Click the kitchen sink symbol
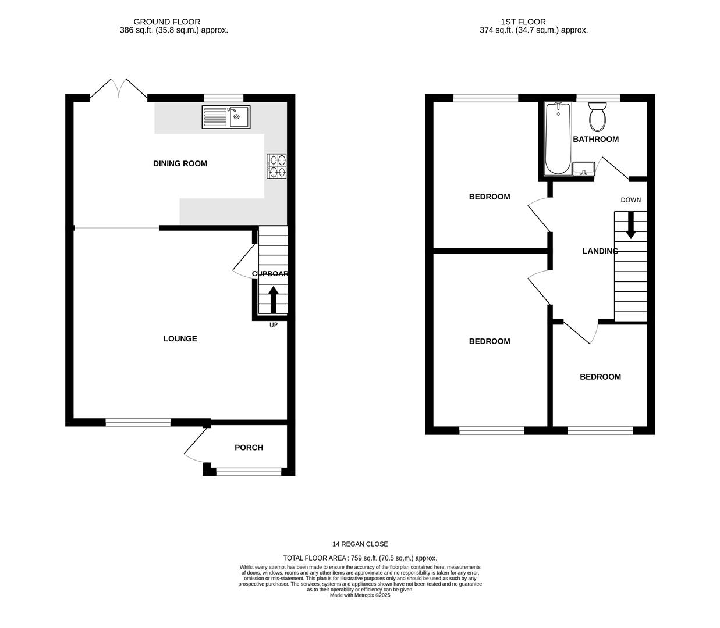point(226,117)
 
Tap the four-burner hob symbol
point(276,165)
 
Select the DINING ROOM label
point(180,163)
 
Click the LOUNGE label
point(180,338)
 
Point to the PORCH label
point(249,447)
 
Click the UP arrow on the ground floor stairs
point(273,299)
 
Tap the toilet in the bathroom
point(597,117)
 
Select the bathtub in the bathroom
point(558,139)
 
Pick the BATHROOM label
point(595,139)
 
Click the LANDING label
point(600,251)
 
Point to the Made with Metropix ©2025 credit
point(360,595)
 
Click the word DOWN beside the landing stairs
point(630,200)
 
